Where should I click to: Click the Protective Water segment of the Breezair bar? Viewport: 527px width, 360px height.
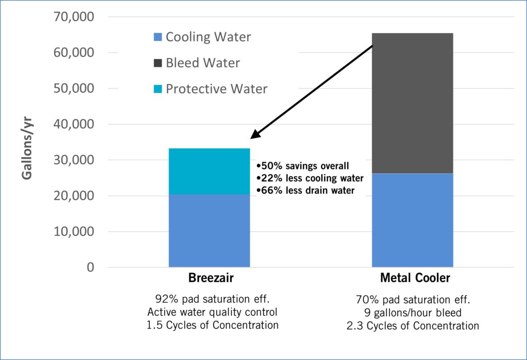209,171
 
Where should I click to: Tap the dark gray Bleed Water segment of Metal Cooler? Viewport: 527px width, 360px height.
412,103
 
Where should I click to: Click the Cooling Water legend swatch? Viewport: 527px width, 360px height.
158,37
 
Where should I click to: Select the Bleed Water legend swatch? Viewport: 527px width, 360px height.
158,63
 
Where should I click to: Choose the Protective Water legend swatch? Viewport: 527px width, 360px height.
158,89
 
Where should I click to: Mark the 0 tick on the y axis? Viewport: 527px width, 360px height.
91,267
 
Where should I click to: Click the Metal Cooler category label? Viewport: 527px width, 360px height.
415,279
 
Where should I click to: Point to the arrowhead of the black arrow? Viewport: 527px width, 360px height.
253,137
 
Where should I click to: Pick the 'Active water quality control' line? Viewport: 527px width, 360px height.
213,313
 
